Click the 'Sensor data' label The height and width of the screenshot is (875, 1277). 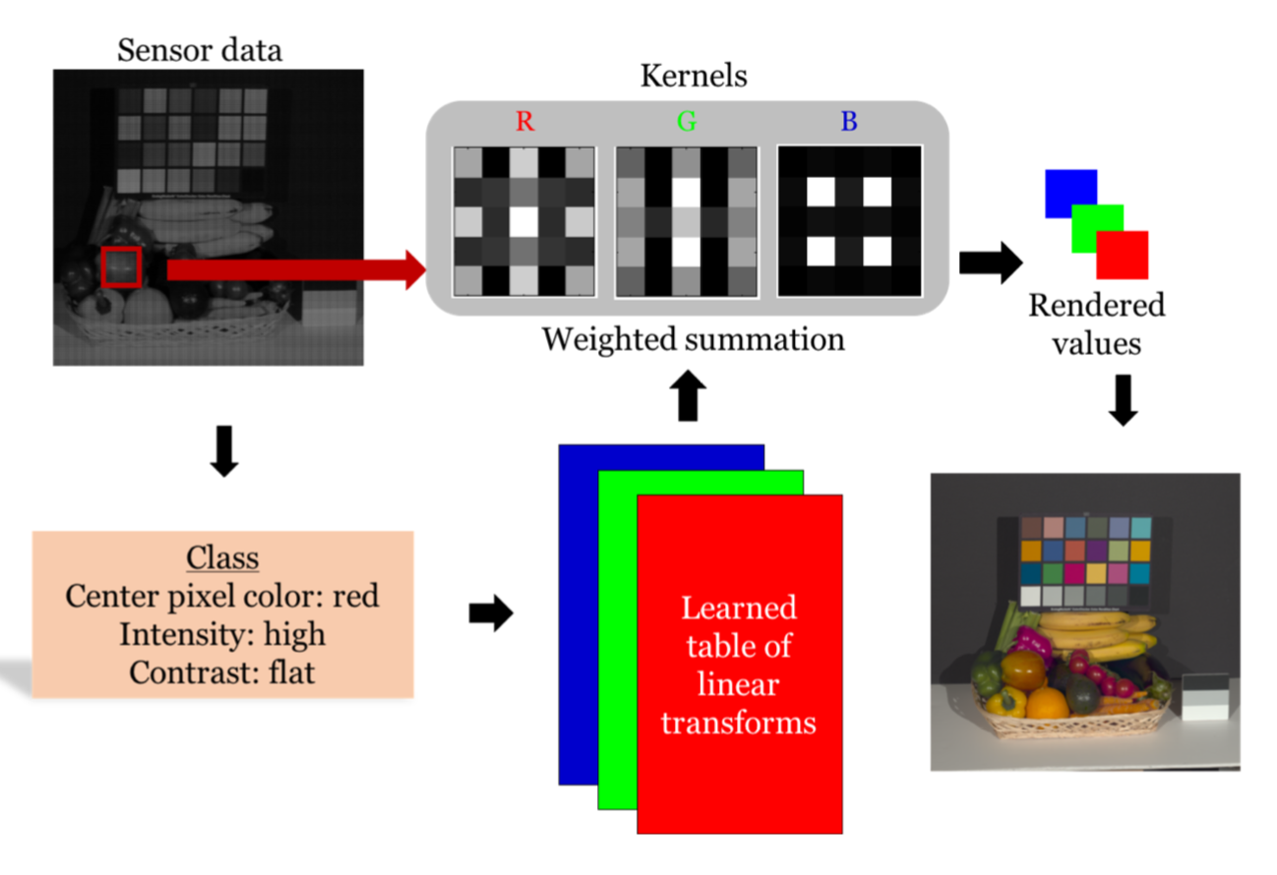click(200, 50)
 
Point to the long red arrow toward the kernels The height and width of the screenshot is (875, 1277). click(294, 269)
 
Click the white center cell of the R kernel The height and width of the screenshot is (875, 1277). click(524, 221)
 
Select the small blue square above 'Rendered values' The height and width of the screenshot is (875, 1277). click(1070, 193)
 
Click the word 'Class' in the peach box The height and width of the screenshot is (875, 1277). click(222, 558)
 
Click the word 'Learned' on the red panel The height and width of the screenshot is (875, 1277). click(739, 608)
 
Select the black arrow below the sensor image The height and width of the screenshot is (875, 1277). click(225, 451)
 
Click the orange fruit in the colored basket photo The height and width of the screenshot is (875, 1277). click(1047, 704)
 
